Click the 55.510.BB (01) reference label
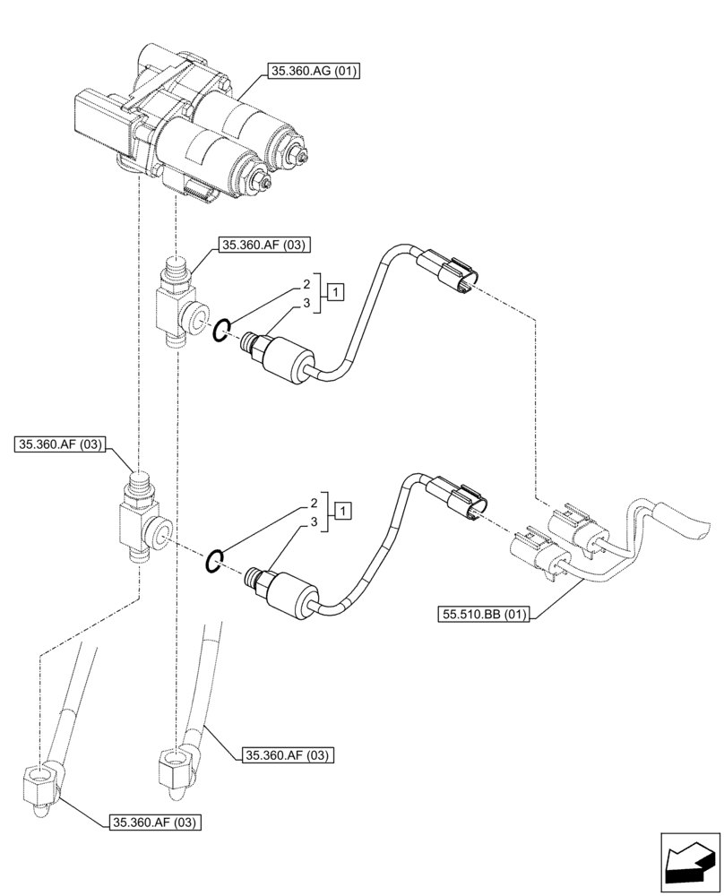click(x=485, y=615)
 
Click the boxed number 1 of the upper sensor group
click(x=334, y=290)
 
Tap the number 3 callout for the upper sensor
click(x=306, y=304)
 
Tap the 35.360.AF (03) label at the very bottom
click(x=154, y=821)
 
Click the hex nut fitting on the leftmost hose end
click(x=41, y=784)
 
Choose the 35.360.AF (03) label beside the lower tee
click(x=59, y=444)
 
